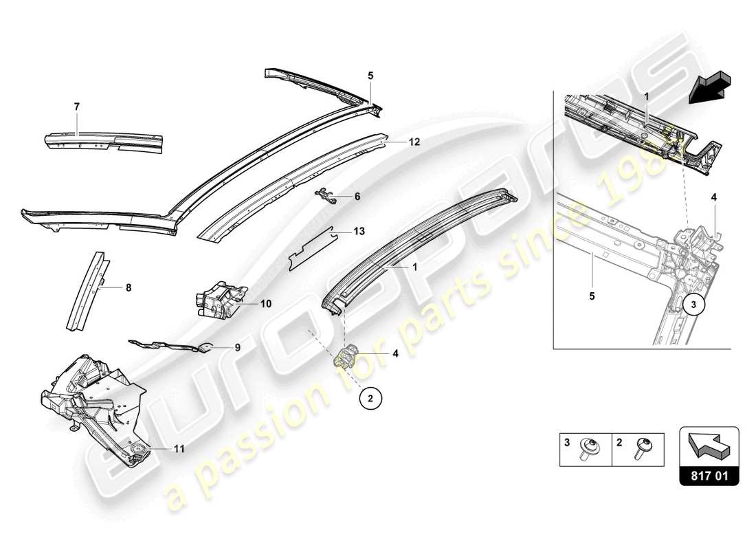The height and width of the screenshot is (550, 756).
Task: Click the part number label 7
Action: [77, 107]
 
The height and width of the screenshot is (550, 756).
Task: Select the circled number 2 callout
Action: [370, 398]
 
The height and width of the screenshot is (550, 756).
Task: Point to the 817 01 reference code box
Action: [709, 474]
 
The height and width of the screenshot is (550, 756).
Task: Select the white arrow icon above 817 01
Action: [709, 443]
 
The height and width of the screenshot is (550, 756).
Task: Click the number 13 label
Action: [359, 232]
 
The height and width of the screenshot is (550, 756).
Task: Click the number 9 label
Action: [238, 347]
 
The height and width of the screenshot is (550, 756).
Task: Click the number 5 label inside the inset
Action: [592, 298]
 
